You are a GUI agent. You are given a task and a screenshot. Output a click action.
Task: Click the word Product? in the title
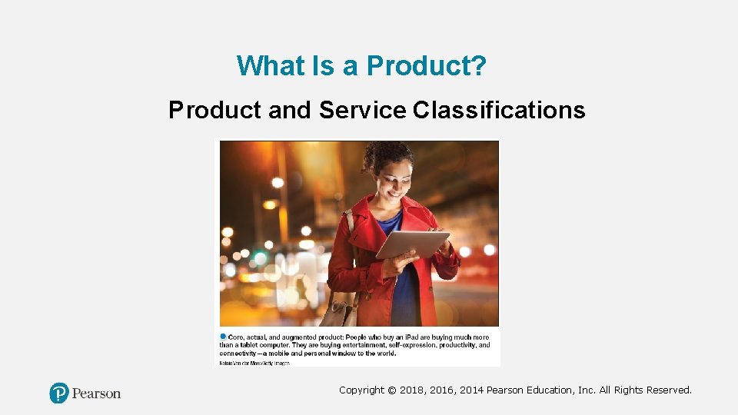tap(426, 66)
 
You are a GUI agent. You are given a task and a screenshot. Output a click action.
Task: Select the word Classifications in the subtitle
tap(499, 111)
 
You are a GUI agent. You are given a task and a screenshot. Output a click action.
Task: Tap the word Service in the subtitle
tap(362, 111)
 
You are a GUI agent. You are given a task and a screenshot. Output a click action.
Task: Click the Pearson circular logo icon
tap(59, 393)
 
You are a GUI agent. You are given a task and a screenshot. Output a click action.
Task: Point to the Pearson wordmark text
tap(96, 393)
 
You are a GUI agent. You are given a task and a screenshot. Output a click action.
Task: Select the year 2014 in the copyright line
tap(468, 390)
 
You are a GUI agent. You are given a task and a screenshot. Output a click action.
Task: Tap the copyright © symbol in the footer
tap(392, 390)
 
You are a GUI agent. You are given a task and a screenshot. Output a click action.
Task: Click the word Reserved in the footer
tap(669, 390)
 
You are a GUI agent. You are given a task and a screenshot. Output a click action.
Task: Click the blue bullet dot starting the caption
tap(223, 337)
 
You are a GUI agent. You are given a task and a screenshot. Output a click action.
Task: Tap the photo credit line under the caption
tap(254, 362)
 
